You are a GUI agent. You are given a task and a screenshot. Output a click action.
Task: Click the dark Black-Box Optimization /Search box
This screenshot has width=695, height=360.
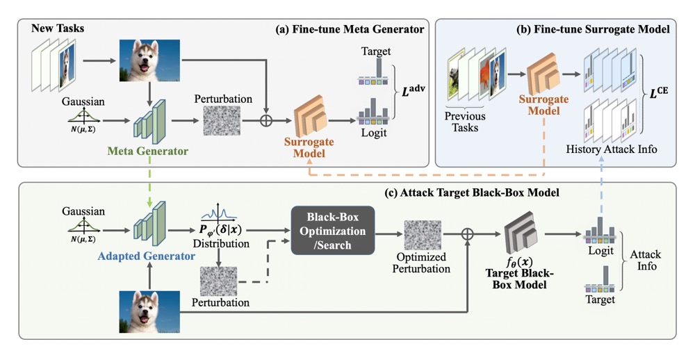pyautogui.click(x=333, y=231)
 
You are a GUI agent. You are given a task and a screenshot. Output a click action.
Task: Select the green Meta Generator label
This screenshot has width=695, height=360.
pyautogui.click(x=147, y=152)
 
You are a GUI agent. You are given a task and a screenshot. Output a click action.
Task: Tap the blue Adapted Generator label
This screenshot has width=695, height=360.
pyautogui.click(x=146, y=256)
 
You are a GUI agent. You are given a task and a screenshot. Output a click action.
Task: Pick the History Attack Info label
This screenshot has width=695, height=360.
pyautogui.click(x=612, y=149)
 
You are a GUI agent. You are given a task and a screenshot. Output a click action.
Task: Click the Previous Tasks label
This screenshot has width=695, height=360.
pyautogui.click(x=465, y=122)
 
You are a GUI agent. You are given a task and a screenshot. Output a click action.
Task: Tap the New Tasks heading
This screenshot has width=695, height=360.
pyautogui.click(x=58, y=28)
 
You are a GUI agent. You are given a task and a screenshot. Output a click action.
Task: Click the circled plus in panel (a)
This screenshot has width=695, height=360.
pyautogui.click(x=266, y=121)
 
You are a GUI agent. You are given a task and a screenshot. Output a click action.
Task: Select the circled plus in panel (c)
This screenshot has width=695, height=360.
pyautogui.click(x=468, y=234)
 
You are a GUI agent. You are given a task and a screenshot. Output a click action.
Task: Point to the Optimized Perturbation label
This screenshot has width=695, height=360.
pyautogui.click(x=421, y=263)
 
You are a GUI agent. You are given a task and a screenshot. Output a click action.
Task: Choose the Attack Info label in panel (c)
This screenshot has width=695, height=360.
pyautogui.click(x=646, y=260)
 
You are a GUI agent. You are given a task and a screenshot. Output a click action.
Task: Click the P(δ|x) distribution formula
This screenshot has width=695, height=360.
pyautogui.click(x=220, y=230)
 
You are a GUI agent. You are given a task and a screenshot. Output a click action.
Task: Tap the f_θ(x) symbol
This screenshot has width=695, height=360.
pyautogui.click(x=519, y=262)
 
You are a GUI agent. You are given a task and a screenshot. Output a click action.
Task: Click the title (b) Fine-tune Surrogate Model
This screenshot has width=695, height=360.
pyautogui.click(x=593, y=29)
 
